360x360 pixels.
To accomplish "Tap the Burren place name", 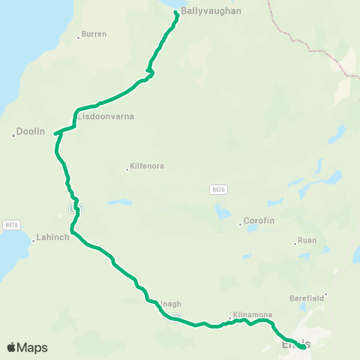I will pyautogui.click(x=94, y=34).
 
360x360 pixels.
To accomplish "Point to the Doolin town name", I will pyautogui.click(x=31, y=131).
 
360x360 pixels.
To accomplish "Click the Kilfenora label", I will pyautogui.click(x=147, y=166).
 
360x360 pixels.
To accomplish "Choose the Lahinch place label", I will pyautogui.click(x=52, y=238).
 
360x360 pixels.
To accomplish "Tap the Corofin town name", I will pyautogui.click(x=259, y=223).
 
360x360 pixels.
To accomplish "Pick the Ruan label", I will pyautogui.click(x=307, y=242).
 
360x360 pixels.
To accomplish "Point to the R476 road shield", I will pyautogui.click(x=218, y=191).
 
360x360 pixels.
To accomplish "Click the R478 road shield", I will pyautogui.click(x=11, y=223).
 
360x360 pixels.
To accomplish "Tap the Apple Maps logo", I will pyautogui.click(x=27, y=347).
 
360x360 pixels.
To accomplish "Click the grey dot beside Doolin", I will pyautogui.click(x=13, y=135).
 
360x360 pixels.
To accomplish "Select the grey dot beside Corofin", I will pyautogui.click(x=240, y=223).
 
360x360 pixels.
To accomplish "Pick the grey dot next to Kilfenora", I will pyautogui.click(x=127, y=169).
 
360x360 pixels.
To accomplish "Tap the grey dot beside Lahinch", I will pyautogui.click(x=34, y=241).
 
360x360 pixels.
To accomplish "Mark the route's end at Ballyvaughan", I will pyautogui.click(x=176, y=12).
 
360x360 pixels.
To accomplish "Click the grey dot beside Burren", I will pyautogui.click(x=78, y=37).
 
